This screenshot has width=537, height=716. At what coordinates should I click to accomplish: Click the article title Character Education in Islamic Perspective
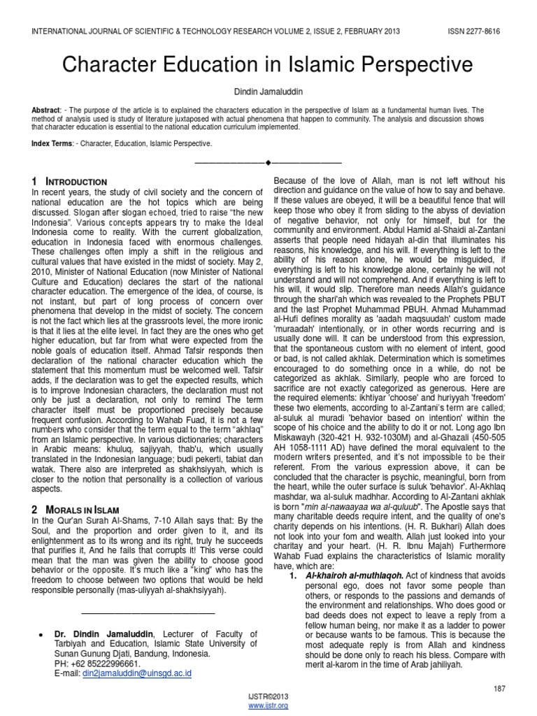(268, 65)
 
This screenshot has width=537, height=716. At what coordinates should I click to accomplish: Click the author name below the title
(268, 92)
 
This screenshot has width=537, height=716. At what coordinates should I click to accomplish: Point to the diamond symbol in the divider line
(268, 162)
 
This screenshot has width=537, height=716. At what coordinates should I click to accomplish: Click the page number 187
(499, 689)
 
